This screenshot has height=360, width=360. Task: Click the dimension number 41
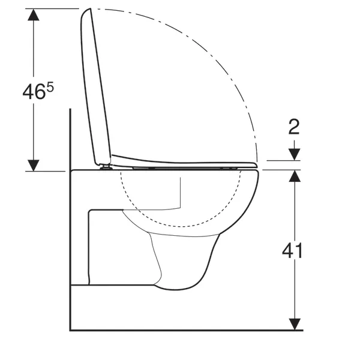292,251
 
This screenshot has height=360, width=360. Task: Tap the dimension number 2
294,127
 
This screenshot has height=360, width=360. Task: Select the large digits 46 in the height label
34,92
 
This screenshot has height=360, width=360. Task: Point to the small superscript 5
50,87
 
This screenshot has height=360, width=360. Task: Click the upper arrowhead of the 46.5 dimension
34,14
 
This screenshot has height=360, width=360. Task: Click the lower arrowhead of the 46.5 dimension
34,166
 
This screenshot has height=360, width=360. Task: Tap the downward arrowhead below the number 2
295,155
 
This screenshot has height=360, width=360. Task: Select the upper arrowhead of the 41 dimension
295,176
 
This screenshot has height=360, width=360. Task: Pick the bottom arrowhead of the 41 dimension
295,325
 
